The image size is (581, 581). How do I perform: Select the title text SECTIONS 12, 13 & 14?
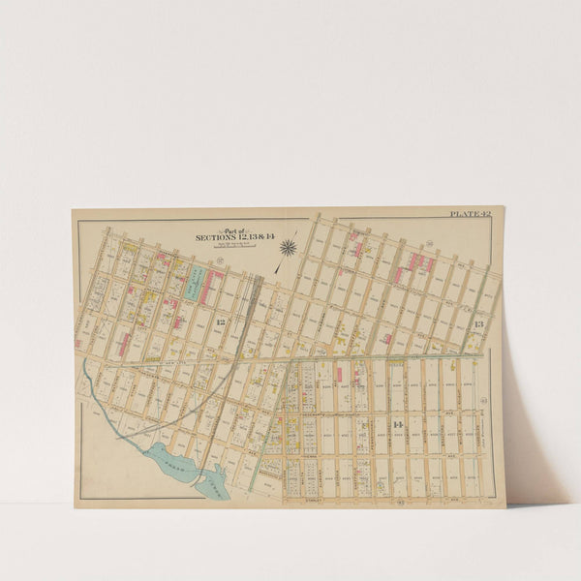(222, 237)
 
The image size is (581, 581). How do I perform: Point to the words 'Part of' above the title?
(222, 229)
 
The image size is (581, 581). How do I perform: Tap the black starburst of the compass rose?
(288, 248)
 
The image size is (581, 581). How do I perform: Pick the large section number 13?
(477, 323)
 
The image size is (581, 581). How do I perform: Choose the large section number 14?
(397, 424)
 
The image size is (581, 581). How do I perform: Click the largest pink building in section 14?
(338, 374)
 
